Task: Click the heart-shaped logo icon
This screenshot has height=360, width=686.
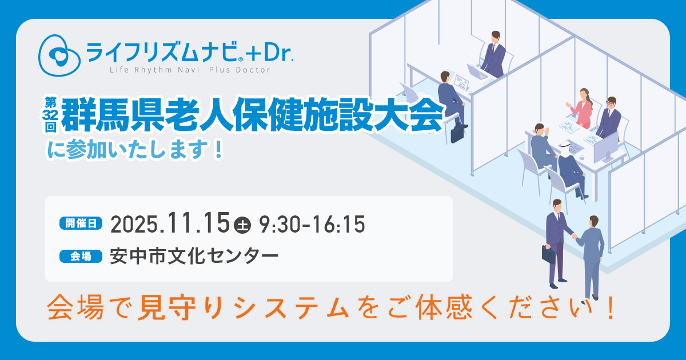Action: pyautogui.click(x=59, y=55)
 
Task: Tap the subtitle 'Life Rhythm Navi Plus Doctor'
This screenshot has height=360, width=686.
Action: pyautogui.click(x=190, y=70)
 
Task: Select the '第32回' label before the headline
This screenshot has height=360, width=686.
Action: pyautogui.click(x=50, y=115)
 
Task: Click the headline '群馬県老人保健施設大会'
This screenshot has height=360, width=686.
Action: pyautogui.click(x=252, y=114)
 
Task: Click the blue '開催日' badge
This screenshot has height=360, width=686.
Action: pyautogui.click(x=81, y=223)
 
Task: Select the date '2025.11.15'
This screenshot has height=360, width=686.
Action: pyautogui.click(x=170, y=223)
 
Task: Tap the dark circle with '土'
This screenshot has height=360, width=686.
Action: pyautogui.click(x=242, y=225)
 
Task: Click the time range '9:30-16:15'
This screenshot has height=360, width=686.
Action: pyautogui.click(x=312, y=225)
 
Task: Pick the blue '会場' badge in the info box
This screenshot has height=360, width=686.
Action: pyautogui.click(x=81, y=256)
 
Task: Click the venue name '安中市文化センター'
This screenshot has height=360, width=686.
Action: pyautogui.click(x=194, y=256)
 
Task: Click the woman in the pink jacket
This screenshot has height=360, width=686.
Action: pyautogui.click(x=581, y=108)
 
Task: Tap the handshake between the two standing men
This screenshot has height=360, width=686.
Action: pyautogui.click(x=574, y=236)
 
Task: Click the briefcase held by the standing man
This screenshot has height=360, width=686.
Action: pyautogui.click(x=548, y=254)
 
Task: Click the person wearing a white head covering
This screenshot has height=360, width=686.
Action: pyautogui.click(x=571, y=169)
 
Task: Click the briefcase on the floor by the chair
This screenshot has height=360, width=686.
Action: pyautogui.click(x=457, y=134)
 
